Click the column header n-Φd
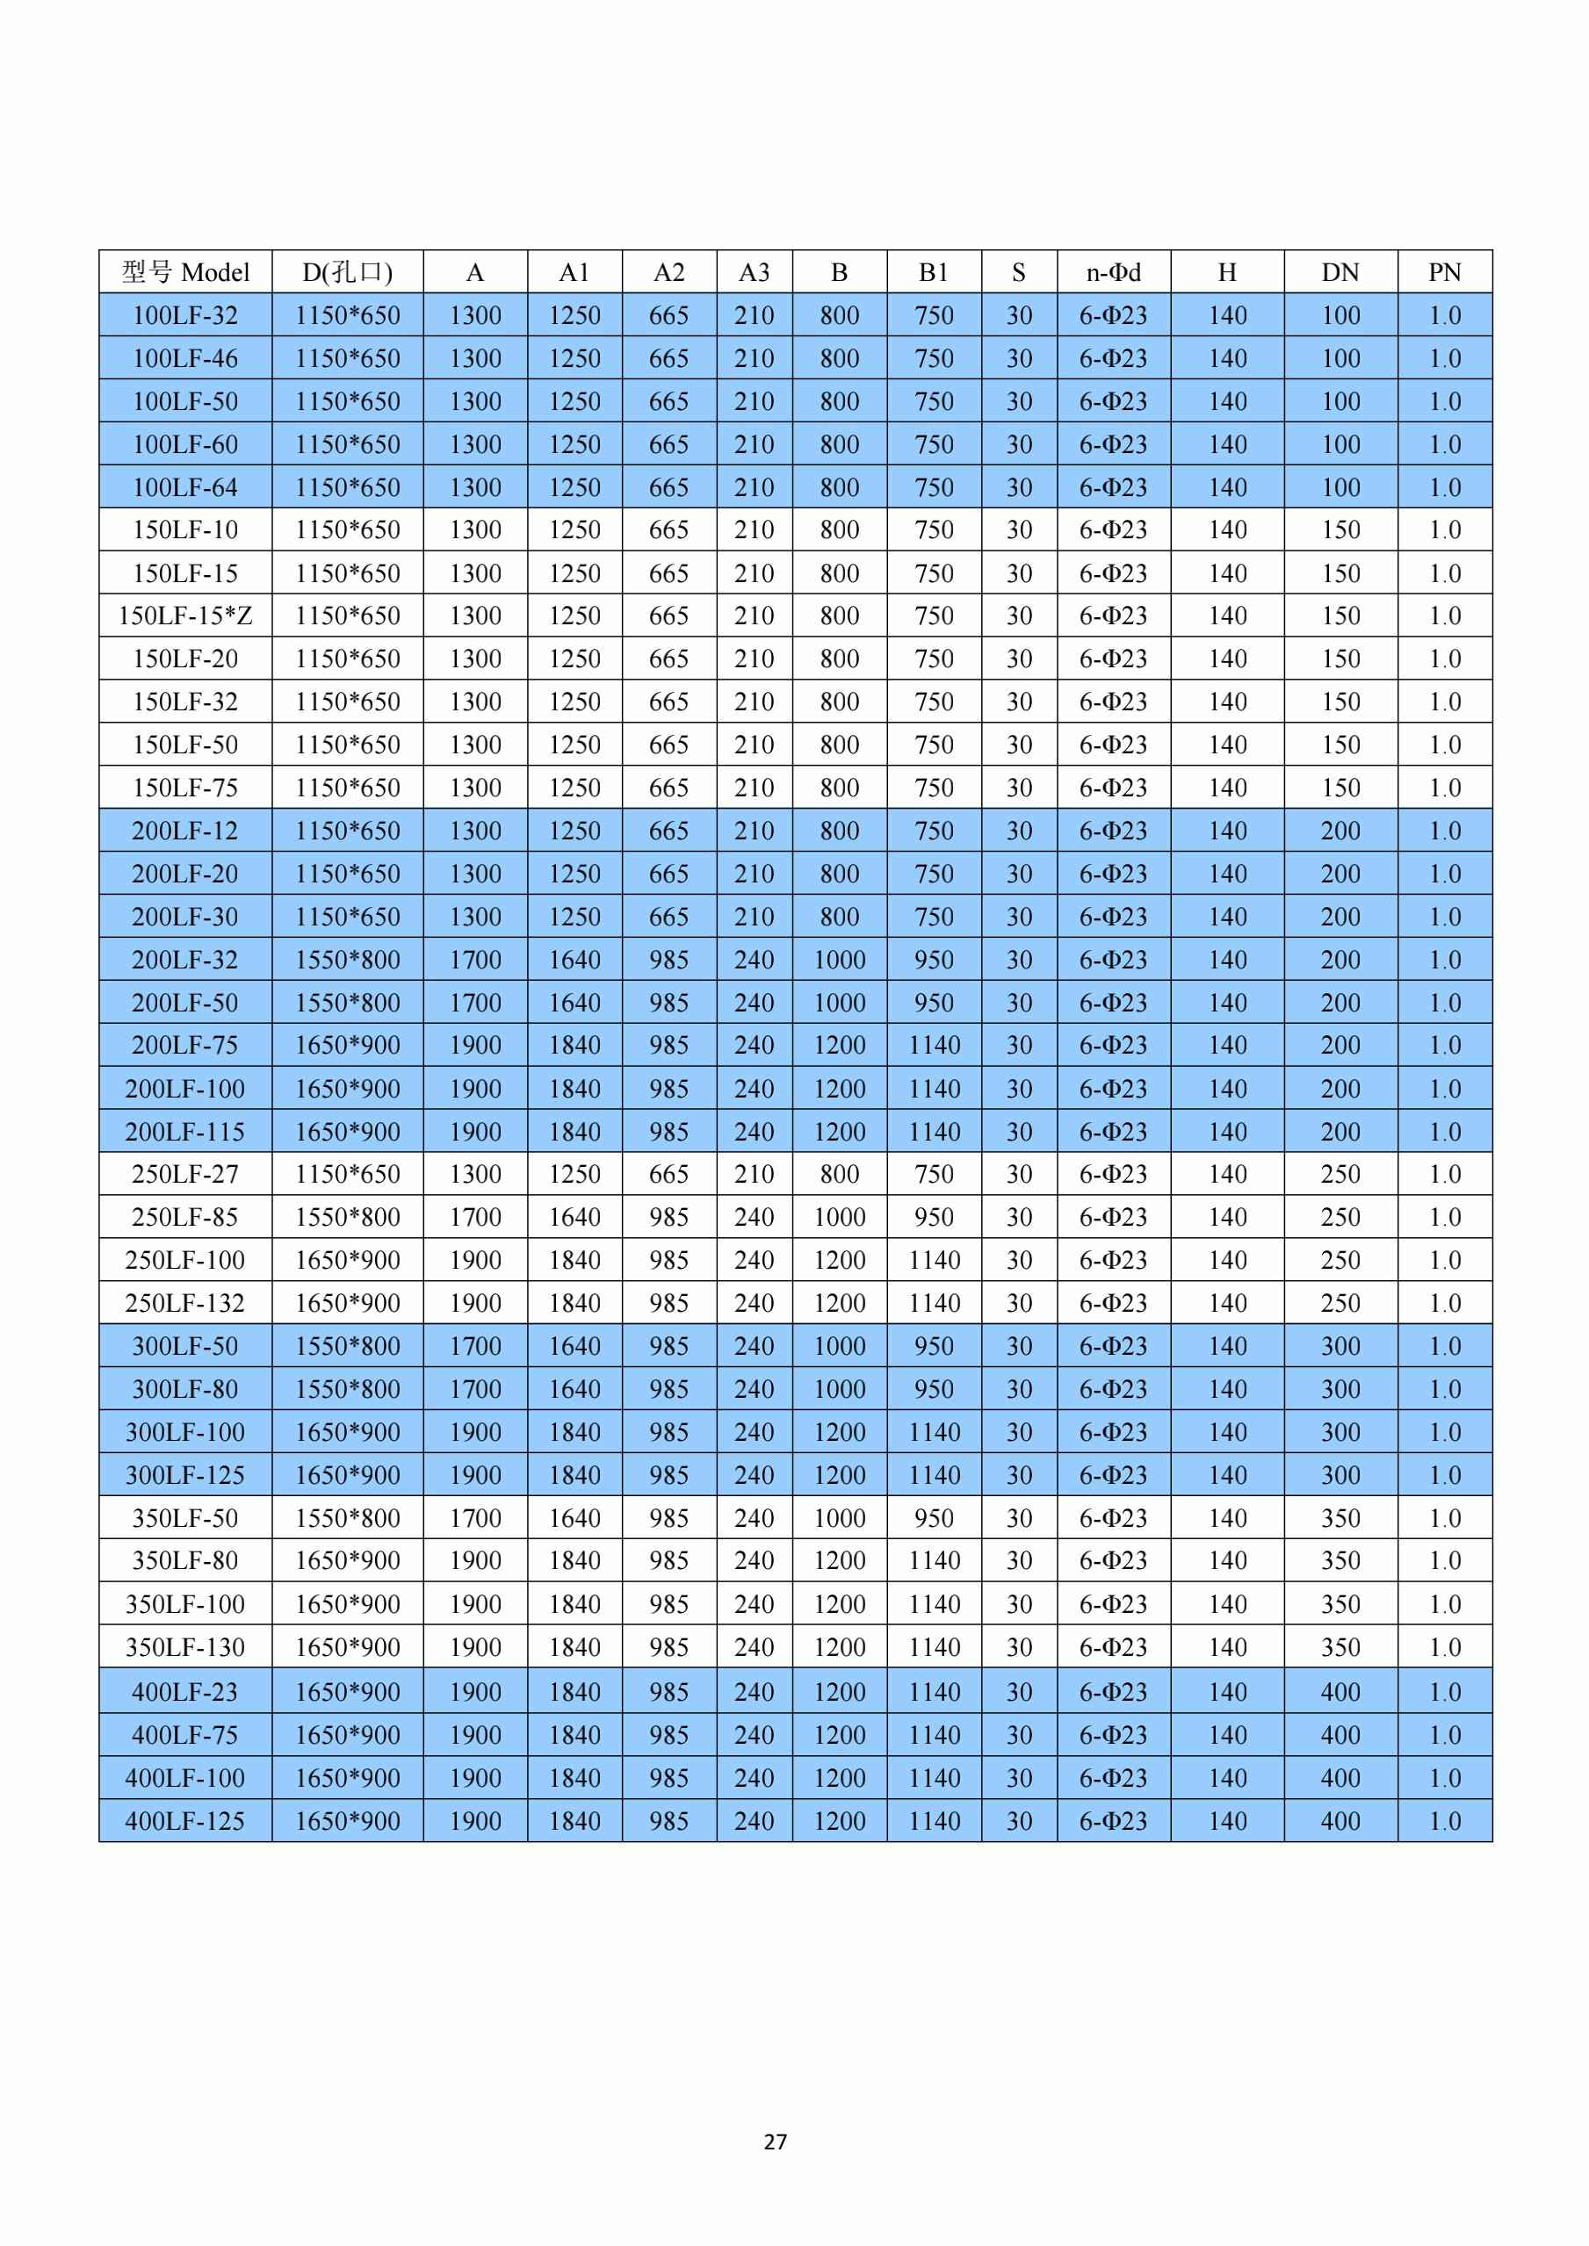[x=1114, y=272]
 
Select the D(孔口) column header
[x=347, y=272]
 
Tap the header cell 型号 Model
[x=186, y=272]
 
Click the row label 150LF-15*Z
[x=186, y=616]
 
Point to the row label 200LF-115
[x=186, y=1132]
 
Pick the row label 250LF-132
[x=186, y=1303]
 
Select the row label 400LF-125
[x=186, y=1821]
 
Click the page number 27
[x=775, y=2142]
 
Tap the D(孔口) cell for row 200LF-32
[x=347, y=960]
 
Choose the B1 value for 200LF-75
[x=935, y=1046]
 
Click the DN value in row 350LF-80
[x=1340, y=1561]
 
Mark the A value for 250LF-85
[x=475, y=1217]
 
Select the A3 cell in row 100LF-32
[x=755, y=315]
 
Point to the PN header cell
[x=1445, y=272]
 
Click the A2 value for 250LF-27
[x=669, y=1174]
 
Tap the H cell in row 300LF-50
[x=1227, y=1346]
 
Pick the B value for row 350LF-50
[x=840, y=1518]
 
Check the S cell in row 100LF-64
[x=1020, y=487]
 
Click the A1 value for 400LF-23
[x=574, y=1692]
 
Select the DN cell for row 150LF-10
[x=1340, y=530]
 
